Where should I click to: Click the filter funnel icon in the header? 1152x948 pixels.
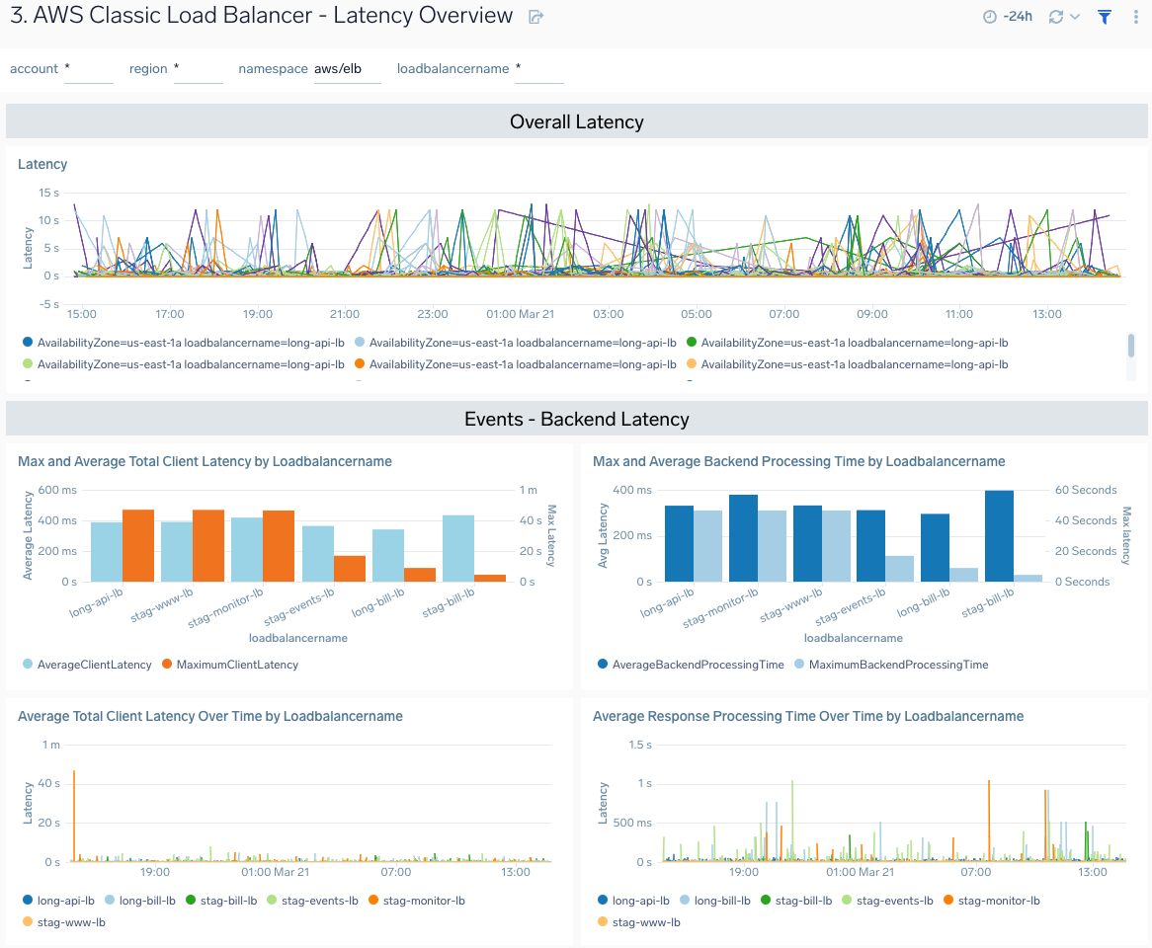pyautogui.click(x=1105, y=17)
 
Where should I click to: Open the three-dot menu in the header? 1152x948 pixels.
pyautogui.click(x=1134, y=17)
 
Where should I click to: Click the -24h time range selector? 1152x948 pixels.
pyautogui.click(x=1008, y=17)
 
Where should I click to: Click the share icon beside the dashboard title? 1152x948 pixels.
pyautogui.click(x=535, y=17)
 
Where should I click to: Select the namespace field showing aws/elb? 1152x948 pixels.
pyautogui.click(x=347, y=69)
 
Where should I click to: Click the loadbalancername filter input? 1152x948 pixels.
pyautogui.click(x=538, y=69)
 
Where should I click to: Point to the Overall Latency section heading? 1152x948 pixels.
pyautogui.click(x=576, y=121)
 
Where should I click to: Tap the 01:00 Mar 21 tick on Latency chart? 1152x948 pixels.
pyautogui.click(x=520, y=314)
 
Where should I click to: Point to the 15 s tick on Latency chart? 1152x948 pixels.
pyautogui.click(x=48, y=193)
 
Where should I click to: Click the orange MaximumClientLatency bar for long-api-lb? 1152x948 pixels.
pyautogui.click(x=138, y=545)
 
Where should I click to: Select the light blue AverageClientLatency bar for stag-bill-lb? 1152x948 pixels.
pyautogui.click(x=458, y=548)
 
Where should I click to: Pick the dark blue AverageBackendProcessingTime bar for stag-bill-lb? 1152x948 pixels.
pyautogui.click(x=999, y=536)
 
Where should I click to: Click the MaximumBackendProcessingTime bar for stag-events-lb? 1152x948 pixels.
pyautogui.click(x=899, y=569)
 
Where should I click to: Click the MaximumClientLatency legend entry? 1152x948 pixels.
pyautogui.click(x=236, y=665)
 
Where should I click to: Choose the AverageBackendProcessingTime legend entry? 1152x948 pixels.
pyautogui.click(x=698, y=665)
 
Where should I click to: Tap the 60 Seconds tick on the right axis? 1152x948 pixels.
pyautogui.click(x=1085, y=490)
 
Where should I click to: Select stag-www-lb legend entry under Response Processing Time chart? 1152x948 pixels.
pyautogui.click(x=645, y=922)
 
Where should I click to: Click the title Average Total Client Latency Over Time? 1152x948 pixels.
pyautogui.click(x=210, y=716)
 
